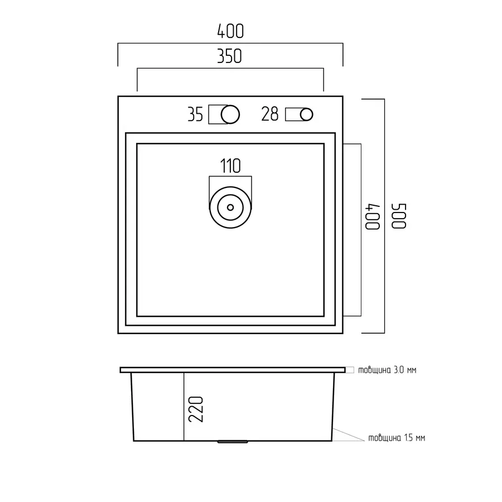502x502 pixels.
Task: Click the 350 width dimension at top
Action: tap(229, 56)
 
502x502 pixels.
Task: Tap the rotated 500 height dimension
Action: tap(399, 216)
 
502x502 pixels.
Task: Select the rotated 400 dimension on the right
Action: tap(373, 216)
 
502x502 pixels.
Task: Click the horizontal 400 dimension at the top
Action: tap(230, 31)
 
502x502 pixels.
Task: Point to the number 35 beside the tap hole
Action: tap(195, 114)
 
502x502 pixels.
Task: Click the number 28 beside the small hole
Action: tap(270, 114)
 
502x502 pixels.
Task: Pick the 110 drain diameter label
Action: tap(230, 166)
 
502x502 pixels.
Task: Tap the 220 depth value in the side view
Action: tap(196, 409)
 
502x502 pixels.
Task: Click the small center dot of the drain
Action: tap(230, 207)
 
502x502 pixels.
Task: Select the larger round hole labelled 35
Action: tap(230, 114)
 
